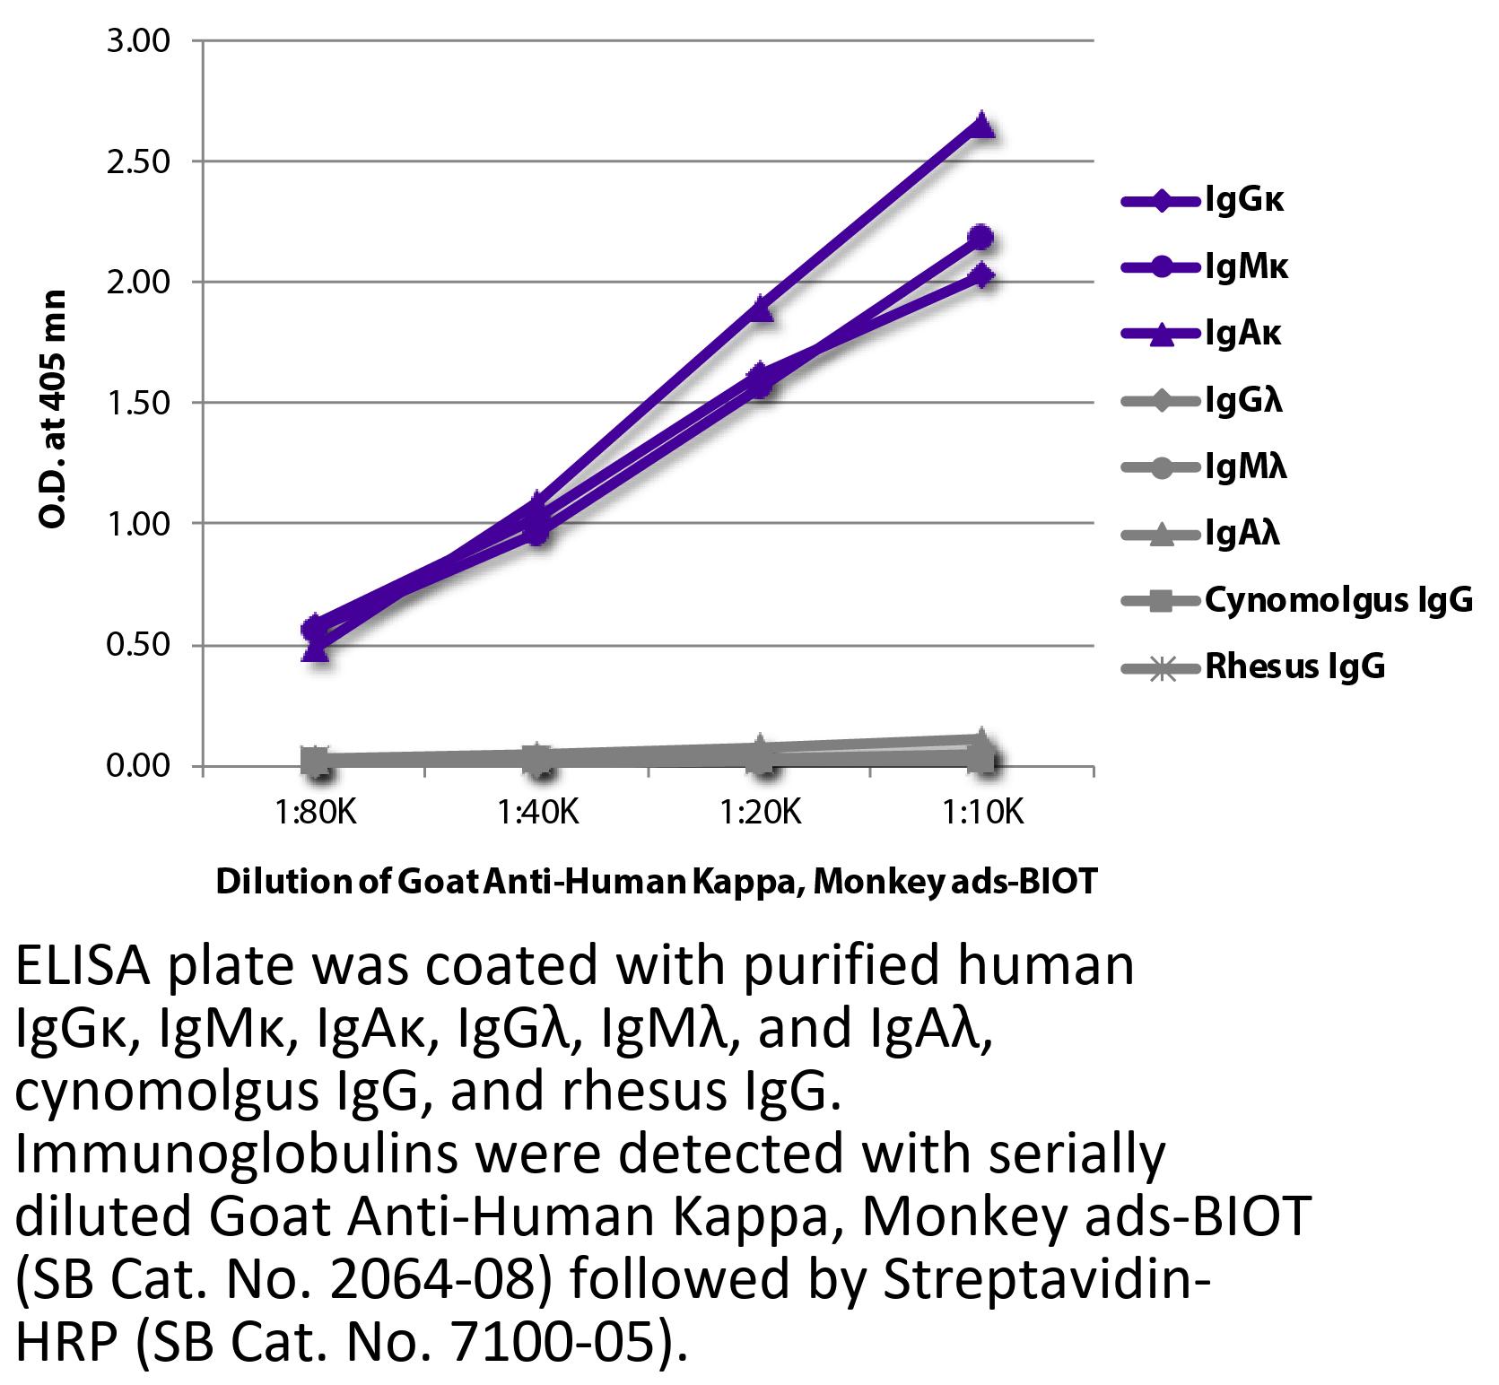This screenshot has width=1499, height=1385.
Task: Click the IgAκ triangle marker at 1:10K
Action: [982, 124]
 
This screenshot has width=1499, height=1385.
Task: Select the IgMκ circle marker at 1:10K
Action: [982, 237]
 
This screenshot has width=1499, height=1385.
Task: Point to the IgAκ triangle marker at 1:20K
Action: [761, 309]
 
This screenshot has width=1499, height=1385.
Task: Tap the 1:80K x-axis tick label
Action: [315, 814]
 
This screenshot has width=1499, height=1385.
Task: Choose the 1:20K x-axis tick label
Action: [761, 814]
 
